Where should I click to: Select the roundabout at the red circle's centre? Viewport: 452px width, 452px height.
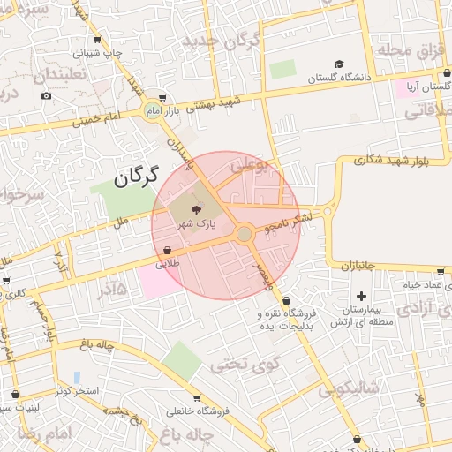click(x=244, y=233)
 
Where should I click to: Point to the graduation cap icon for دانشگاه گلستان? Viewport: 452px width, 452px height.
click(x=339, y=64)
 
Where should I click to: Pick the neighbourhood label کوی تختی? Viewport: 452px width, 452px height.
click(x=245, y=363)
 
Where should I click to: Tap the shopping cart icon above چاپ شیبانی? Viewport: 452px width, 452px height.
click(x=96, y=40)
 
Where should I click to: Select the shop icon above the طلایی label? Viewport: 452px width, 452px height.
click(x=167, y=250)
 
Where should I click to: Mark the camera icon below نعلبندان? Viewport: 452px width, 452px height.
click(x=46, y=95)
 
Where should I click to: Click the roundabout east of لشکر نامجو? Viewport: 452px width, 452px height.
click(x=328, y=211)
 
